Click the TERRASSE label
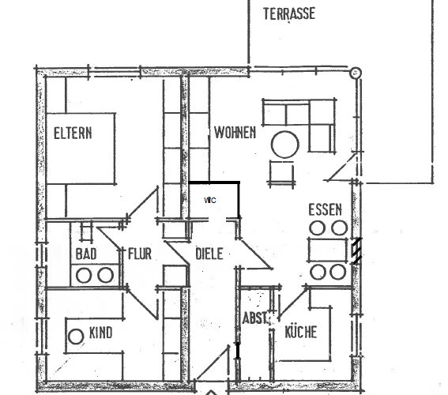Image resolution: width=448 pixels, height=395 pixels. (x=289, y=13)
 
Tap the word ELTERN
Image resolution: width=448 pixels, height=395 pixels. (x=73, y=133)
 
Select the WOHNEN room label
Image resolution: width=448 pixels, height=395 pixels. (x=235, y=133)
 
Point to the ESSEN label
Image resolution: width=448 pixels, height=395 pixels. (x=326, y=209)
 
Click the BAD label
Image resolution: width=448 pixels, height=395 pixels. (x=86, y=254)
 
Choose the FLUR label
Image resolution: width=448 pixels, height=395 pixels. (x=139, y=254)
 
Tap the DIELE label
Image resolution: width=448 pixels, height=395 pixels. (x=209, y=254)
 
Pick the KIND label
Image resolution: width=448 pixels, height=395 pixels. (x=101, y=333)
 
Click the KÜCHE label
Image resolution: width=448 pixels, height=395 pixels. (x=301, y=331)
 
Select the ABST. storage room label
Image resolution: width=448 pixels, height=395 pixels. (x=255, y=318)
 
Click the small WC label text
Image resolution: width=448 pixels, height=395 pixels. (x=210, y=200)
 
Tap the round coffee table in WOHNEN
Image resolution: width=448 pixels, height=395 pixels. (x=285, y=145)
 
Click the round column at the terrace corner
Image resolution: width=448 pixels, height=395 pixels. (x=356, y=73)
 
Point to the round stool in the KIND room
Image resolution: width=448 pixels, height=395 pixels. (x=76, y=337)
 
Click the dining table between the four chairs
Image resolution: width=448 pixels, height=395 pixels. (x=327, y=250)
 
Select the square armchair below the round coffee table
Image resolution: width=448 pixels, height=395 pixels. (x=282, y=173)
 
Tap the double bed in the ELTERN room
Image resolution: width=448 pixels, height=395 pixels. (x=81, y=149)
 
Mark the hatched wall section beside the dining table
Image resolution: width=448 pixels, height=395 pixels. (x=357, y=250)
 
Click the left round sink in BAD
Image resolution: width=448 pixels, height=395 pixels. (x=84, y=275)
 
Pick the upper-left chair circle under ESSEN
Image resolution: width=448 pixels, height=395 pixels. (x=317, y=228)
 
